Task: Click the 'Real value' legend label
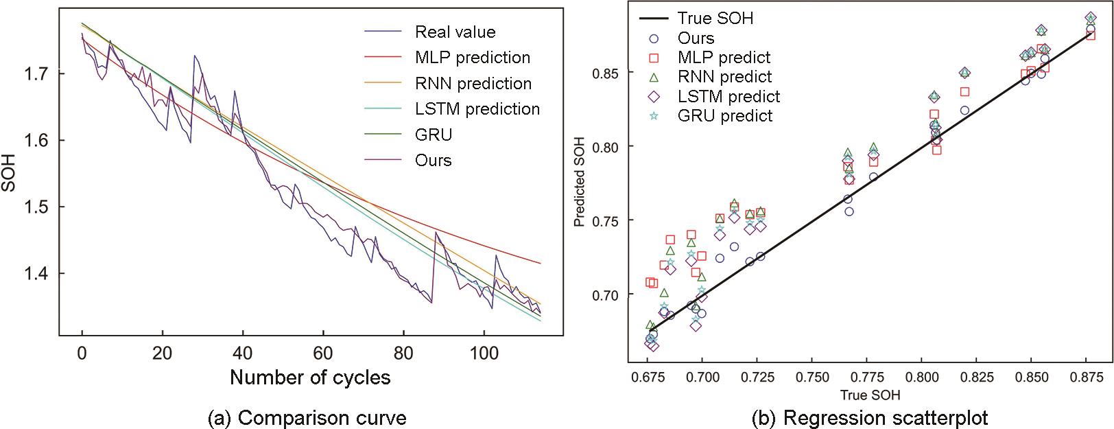tap(455, 32)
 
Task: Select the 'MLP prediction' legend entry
tap(473, 58)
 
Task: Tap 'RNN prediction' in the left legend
tap(473, 84)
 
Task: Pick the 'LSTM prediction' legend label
tap(477, 109)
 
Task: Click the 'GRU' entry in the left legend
tap(434, 135)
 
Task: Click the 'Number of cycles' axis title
tap(310, 377)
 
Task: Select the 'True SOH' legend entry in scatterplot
tap(715, 19)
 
